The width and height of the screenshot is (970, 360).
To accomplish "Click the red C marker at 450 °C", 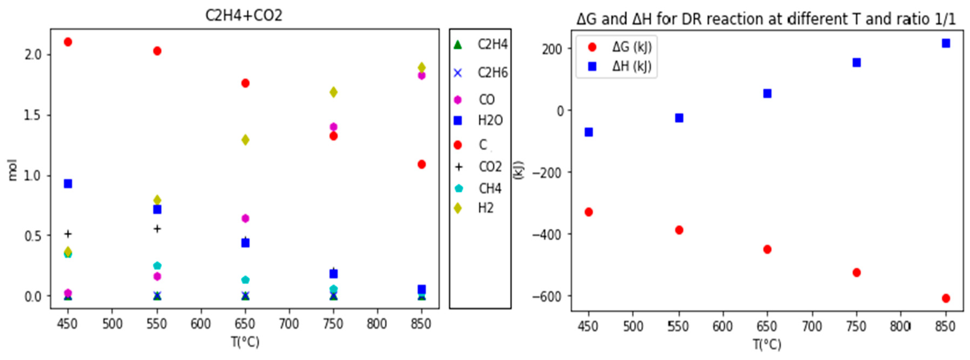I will [x=68, y=42].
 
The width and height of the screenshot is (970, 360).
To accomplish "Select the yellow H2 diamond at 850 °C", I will [x=422, y=67].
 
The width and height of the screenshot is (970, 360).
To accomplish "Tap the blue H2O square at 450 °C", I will [x=68, y=184].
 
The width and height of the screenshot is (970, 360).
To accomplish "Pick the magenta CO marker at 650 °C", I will [x=245, y=218].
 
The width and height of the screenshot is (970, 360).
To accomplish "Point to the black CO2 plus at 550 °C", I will [x=157, y=229].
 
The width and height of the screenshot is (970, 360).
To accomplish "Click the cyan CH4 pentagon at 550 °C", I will [x=157, y=265].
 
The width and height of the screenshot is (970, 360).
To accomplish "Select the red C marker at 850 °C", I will [x=422, y=164].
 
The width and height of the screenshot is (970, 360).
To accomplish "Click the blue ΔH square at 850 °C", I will [x=946, y=43].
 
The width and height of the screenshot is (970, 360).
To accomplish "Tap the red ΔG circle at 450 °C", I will [x=588, y=212].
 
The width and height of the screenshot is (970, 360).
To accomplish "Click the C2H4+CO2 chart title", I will [x=244, y=15].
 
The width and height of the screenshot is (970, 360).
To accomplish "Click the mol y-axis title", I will [x=12, y=170].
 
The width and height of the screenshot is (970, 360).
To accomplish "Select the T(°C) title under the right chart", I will [x=767, y=344].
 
